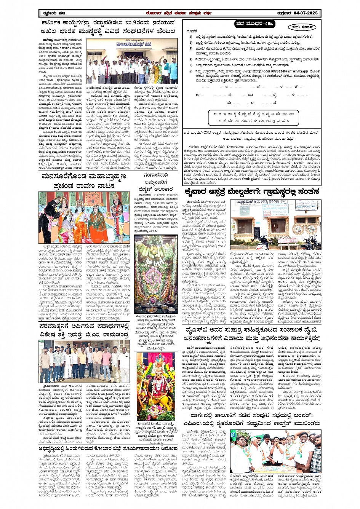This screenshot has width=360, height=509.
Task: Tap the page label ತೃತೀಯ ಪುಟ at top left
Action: [53, 13]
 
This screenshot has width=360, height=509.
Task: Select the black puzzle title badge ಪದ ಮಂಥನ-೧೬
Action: [254, 24]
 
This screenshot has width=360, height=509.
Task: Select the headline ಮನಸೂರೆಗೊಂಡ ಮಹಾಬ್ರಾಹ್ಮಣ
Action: [84, 176]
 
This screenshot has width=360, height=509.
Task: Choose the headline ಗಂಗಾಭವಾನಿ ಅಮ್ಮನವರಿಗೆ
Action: [154, 179]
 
